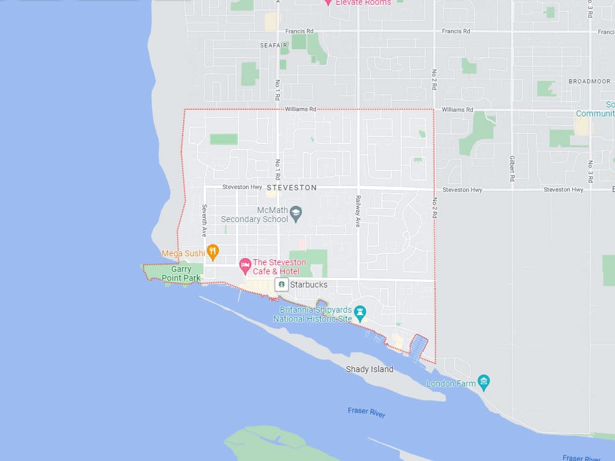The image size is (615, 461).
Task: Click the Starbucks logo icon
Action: point(281,285)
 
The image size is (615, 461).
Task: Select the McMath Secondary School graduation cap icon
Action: point(295,212)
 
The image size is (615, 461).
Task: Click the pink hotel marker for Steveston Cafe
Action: point(245,264)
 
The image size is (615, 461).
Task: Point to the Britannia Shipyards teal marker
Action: point(360,312)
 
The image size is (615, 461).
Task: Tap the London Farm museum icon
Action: point(484,382)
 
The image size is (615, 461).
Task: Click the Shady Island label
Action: point(369,369)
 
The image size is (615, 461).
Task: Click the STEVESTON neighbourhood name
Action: point(291,188)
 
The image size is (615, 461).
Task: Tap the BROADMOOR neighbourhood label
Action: point(589,82)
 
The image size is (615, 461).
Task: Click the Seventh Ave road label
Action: point(204,220)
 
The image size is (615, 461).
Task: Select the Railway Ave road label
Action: point(358,211)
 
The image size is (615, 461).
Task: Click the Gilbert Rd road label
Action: point(512,168)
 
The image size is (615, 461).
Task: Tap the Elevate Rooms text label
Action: point(363,3)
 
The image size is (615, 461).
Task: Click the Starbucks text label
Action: point(309,285)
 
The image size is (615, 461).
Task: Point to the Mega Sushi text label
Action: point(183,253)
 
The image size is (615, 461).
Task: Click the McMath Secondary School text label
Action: point(255,215)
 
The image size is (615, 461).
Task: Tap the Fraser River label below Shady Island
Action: point(366,412)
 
